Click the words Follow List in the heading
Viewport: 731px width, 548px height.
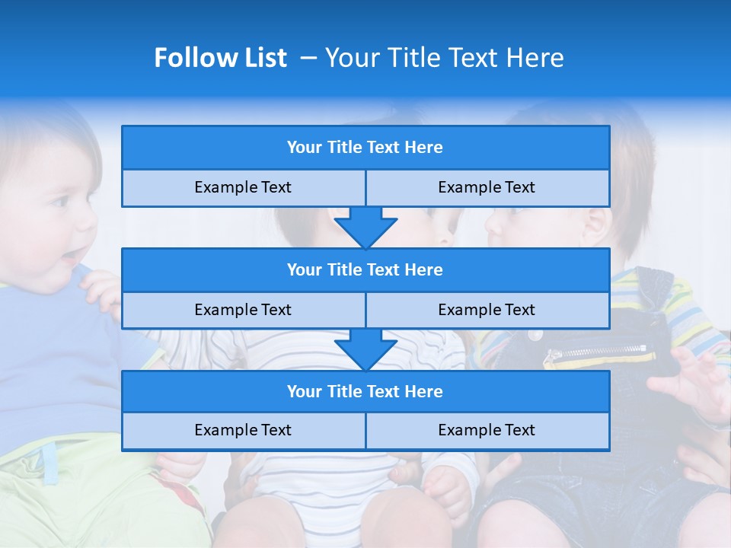pyautogui.click(x=220, y=58)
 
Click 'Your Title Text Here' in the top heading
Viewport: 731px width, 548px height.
pyautogui.click(x=444, y=58)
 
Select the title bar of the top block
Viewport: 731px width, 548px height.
pyautogui.click(x=365, y=148)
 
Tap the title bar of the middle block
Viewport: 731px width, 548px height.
pyautogui.click(x=365, y=269)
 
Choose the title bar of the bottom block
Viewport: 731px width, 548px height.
pyautogui.click(x=365, y=391)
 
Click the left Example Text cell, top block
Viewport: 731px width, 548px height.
pyautogui.click(x=243, y=187)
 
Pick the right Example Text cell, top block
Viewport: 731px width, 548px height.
pyautogui.click(x=487, y=187)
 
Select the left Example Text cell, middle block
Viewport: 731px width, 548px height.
pyautogui.click(x=243, y=310)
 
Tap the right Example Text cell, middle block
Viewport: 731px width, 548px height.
pyautogui.click(x=487, y=310)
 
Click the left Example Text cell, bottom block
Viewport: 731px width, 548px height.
pyautogui.click(x=243, y=430)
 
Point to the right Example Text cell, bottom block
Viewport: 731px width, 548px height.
pyautogui.click(x=487, y=430)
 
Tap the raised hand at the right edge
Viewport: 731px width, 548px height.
pyautogui.click(x=697, y=381)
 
